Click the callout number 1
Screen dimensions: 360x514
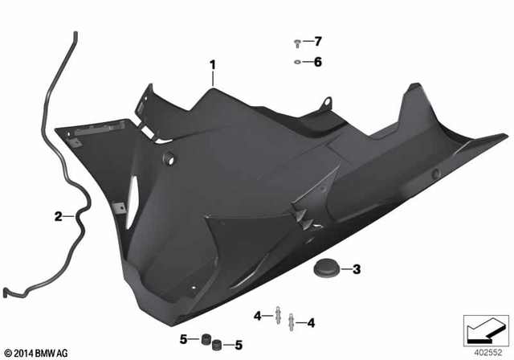click(x=213, y=63)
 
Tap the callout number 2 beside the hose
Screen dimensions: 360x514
click(x=58, y=216)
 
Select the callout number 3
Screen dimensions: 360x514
click(x=357, y=269)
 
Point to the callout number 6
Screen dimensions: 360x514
click(x=317, y=62)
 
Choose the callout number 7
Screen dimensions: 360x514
click(x=317, y=41)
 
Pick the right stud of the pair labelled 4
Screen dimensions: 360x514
click(x=292, y=323)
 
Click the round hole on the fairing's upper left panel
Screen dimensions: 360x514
click(x=169, y=159)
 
